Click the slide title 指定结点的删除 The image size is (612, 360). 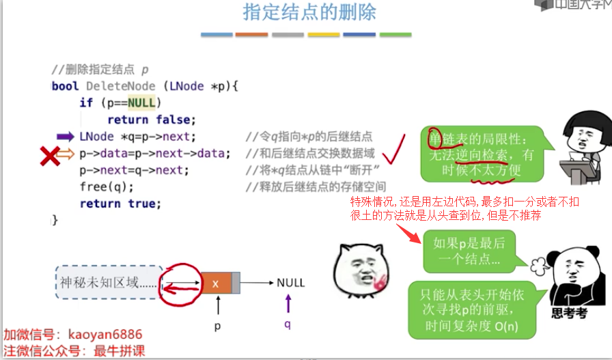click(x=309, y=13)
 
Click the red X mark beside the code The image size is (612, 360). click(x=49, y=157)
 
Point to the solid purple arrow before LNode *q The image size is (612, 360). click(x=66, y=137)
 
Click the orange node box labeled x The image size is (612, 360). click(x=216, y=283)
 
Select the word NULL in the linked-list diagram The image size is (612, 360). click(x=290, y=283)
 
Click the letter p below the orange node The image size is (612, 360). click(x=218, y=326)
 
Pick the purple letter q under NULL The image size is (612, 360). click(x=288, y=324)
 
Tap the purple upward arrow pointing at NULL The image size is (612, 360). click(x=288, y=303)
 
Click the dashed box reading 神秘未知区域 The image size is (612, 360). click(x=109, y=283)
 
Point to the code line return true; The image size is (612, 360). click(x=120, y=204)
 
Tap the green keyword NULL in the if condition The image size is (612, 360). click(x=141, y=103)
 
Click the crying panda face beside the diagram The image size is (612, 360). click(x=360, y=272)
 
